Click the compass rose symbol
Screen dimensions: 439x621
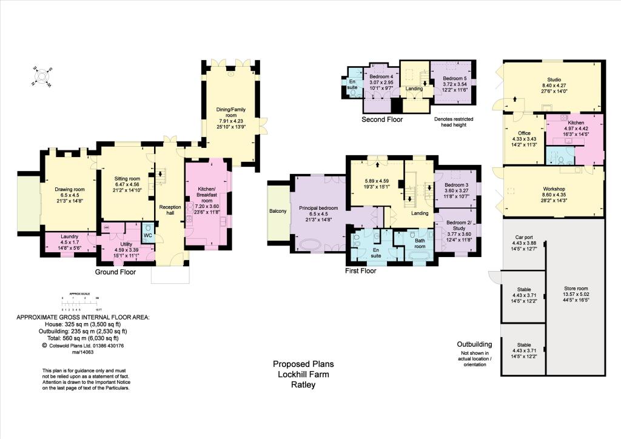click(x=41, y=77)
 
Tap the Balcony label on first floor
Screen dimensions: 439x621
click(x=278, y=211)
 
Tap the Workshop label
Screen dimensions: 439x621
click(x=552, y=189)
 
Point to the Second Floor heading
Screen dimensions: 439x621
click(x=382, y=119)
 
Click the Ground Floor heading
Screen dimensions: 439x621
click(x=115, y=272)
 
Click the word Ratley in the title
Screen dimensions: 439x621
click(x=303, y=384)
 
